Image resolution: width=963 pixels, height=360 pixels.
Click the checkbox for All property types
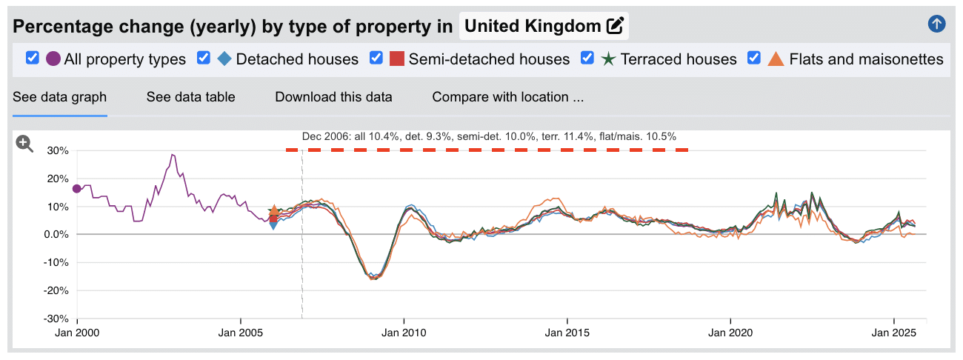coord(33,58)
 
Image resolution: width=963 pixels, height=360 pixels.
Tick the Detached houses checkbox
coord(204,58)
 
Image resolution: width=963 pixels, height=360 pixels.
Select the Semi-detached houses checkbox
coord(376,58)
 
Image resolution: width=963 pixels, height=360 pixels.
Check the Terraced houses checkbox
coord(587,58)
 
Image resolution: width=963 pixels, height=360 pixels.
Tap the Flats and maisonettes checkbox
coord(755,58)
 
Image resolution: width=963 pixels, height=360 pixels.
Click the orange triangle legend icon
coord(776,59)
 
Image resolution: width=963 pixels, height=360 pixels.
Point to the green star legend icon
coord(608,59)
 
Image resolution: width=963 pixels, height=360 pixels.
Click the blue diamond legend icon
coord(224,59)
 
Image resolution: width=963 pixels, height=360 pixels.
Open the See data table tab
coord(190,97)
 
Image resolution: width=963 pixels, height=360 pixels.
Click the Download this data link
coord(333,97)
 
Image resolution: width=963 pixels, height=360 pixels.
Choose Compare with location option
coord(508,97)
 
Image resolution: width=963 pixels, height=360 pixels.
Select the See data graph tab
coord(60,97)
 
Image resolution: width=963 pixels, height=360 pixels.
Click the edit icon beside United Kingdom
coord(615,26)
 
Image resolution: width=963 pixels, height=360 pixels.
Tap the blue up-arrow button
coord(936,24)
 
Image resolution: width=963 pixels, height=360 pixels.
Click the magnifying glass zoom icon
coord(25,144)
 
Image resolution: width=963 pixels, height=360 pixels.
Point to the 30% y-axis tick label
coord(57,150)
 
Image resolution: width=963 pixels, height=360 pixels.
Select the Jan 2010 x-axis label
coord(404,333)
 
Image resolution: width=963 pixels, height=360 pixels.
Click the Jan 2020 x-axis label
coord(731,333)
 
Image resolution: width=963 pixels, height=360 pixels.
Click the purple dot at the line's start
coord(77,189)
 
